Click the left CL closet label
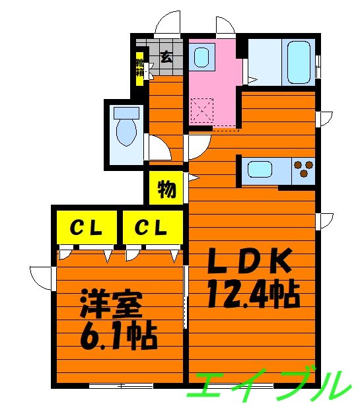coord(86,229)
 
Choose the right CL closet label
coord(151,229)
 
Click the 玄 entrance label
coord(166,57)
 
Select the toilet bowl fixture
coord(126,131)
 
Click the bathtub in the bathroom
coord(299,63)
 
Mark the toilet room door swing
coord(157,148)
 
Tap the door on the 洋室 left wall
coord(41,277)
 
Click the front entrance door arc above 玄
coord(168,23)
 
